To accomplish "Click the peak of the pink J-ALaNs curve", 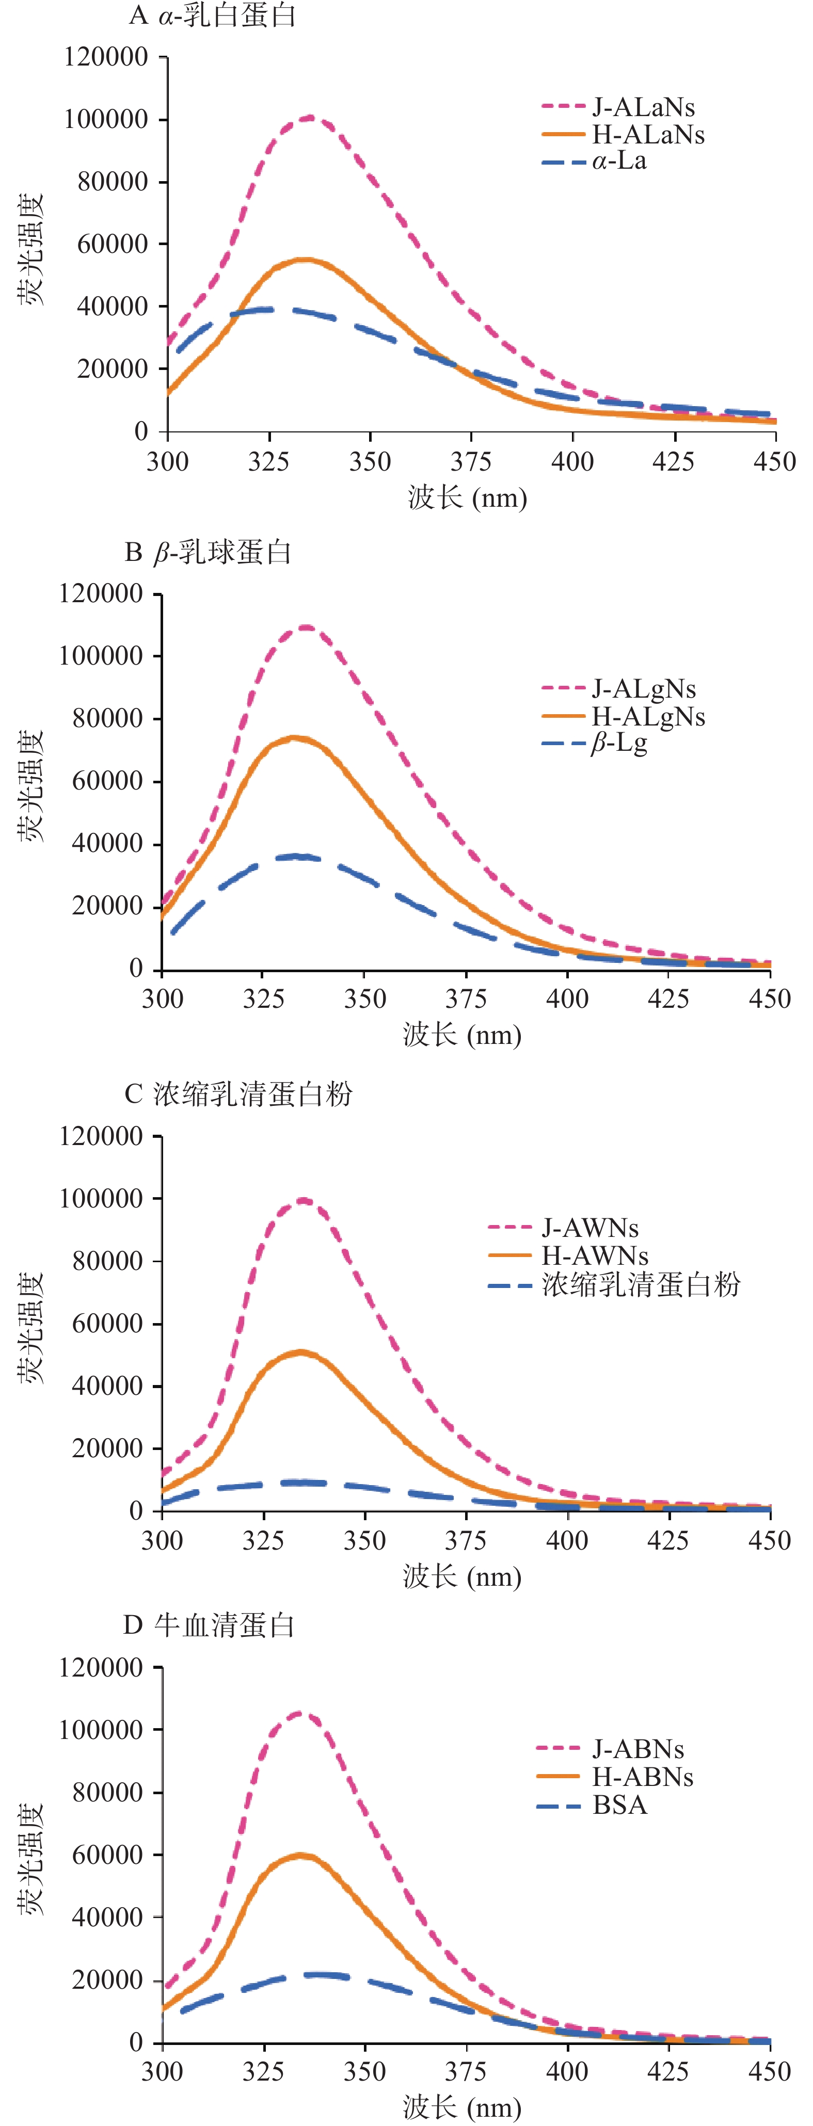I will point(310,118).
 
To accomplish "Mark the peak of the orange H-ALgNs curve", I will point(293,738).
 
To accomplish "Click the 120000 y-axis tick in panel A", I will point(106,57).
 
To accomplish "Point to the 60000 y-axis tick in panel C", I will point(107,1323).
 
